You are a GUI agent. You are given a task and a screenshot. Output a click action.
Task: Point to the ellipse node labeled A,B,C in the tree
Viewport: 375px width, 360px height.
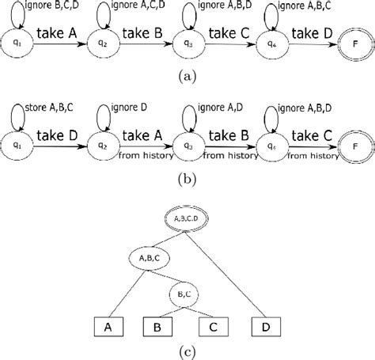[148, 257]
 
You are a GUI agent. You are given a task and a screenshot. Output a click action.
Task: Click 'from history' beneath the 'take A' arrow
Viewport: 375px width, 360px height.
[142, 154]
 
